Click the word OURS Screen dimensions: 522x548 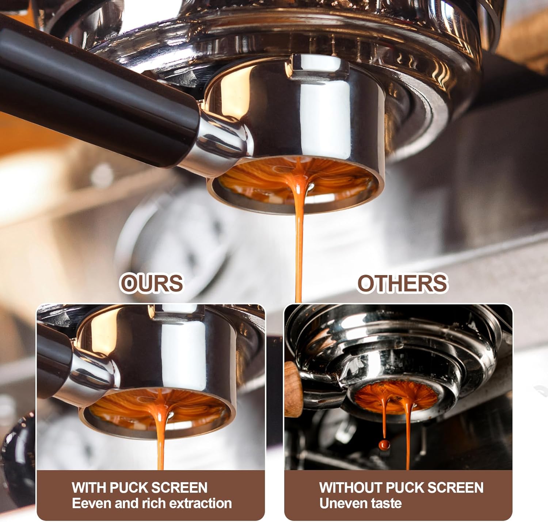[152, 283]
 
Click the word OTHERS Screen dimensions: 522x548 [402, 283]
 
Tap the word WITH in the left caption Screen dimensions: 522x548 [89, 488]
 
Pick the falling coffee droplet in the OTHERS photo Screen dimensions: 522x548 [384, 444]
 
